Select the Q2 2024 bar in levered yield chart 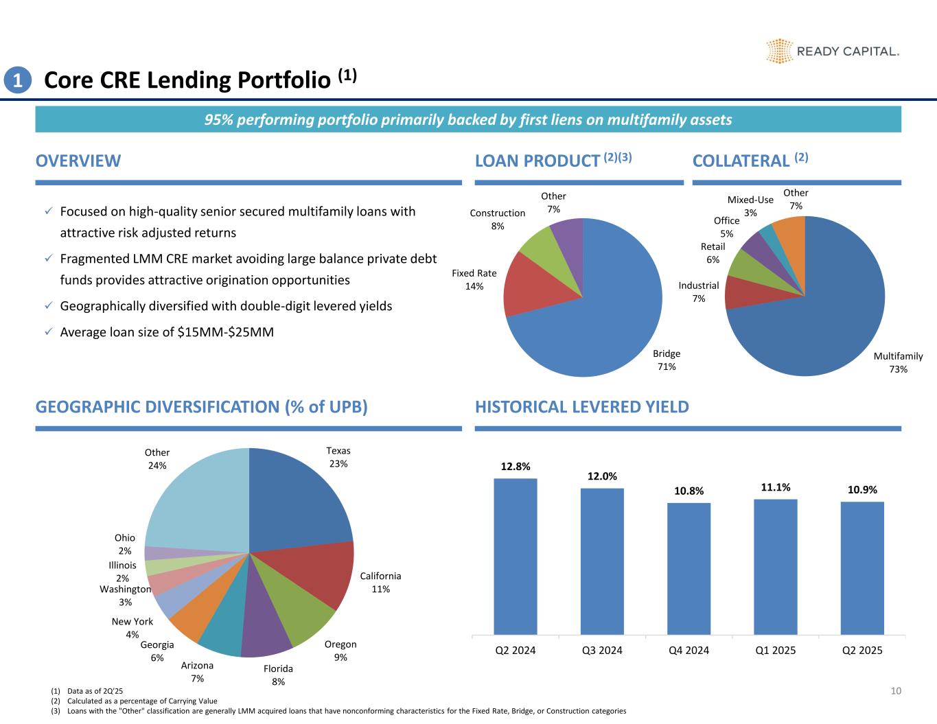tap(515, 556)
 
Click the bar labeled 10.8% tap(689, 568)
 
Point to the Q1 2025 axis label tap(775, 650)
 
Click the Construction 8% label tap(497, 220)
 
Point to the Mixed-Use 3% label tap(750, 207)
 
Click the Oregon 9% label tap(340, 651)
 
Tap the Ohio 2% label tap(125, 544)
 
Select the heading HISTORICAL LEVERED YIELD tap(581, 407)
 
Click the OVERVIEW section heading tap(78, 161)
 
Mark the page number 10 tap(895, 691)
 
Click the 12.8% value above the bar tap(515, 467)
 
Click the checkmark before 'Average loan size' tap(47, 332)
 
